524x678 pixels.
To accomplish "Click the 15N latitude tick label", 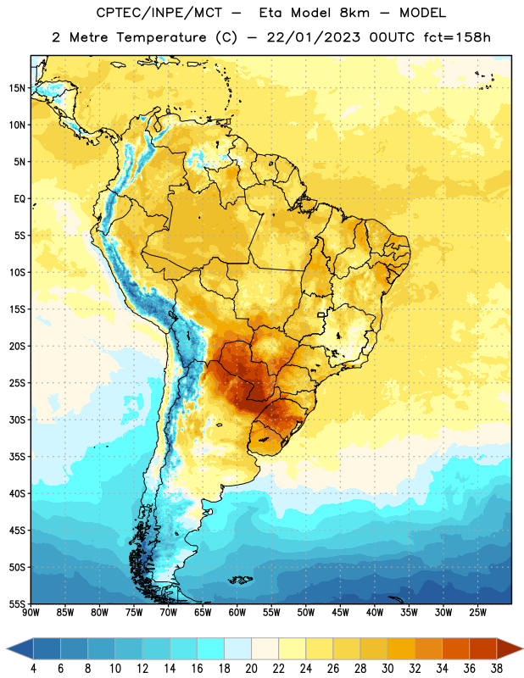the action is (x=17, y=88).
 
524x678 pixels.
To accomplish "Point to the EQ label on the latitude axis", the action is (x=20, y=199).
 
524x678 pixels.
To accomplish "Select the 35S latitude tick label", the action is (x=17, y=457).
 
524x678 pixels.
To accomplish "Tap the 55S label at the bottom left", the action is (x=17, y=603).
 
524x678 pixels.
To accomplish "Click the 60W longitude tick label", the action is (x=237, y=612).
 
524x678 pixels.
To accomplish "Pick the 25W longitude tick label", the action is (x=477, y=612).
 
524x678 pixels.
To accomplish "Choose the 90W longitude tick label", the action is (x=31, y=612).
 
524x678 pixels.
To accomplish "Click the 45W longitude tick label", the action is (x=340, y=612).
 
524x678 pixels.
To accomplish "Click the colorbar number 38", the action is (x=497, y=669).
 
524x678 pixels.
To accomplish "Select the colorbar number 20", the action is (x=251, y=669).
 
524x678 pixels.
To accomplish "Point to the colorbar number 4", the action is (x=33, y=669).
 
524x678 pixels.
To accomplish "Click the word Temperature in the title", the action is (x=161, y=37).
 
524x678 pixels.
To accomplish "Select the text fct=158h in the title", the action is (x=457, y=37).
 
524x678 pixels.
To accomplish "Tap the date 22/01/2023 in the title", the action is (x=313, y=37).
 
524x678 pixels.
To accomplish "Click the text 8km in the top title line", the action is (x=354, y=13).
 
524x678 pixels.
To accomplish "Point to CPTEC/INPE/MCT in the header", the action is (x=159, y=13).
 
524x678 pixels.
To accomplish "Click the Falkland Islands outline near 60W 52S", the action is (x=240, y=580).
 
